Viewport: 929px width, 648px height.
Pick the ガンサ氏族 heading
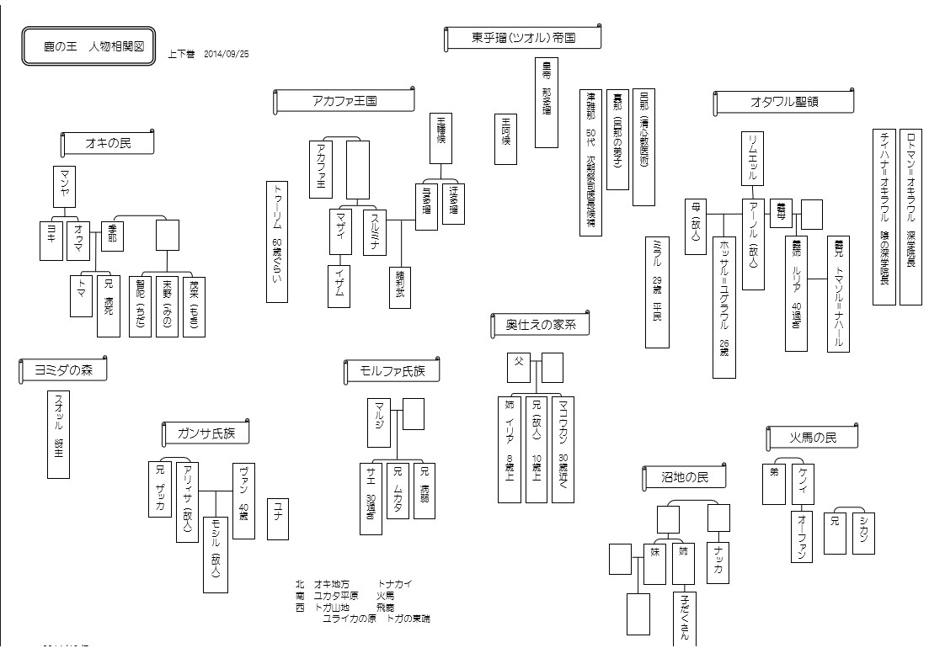[x=206, y=434]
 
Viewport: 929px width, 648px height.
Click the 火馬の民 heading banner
[x=812, y=438]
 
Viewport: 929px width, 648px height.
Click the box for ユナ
[x=277, y=521]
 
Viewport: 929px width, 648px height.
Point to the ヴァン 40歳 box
[x=243, y=500]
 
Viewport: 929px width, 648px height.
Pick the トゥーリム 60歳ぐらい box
[x=277, y=242]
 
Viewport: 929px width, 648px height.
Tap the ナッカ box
[x=718, y=559]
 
